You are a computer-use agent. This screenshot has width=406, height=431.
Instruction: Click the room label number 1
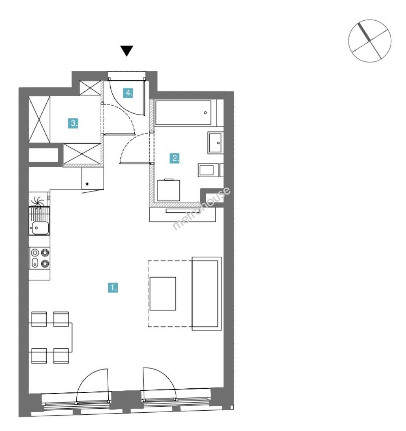click(x=113, y=287)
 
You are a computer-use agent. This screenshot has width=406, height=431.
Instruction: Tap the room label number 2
click(x=175, y=158)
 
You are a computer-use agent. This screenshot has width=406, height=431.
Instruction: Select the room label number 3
click(x=73, y=123)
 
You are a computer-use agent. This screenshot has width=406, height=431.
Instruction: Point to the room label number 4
click(x=128, y=93)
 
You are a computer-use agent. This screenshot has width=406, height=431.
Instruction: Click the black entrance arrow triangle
click(x=127, y=51)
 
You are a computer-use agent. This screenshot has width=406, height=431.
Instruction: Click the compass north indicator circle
click(x=370, y=41)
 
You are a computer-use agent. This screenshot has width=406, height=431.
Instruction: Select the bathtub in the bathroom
click(x=183, y=113)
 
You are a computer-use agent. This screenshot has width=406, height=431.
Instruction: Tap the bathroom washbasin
click(x=215, y=142)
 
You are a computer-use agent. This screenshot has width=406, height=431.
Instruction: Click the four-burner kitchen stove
click(x=40, y=258)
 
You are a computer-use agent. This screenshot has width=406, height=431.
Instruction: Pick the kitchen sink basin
click(x=40, y=227)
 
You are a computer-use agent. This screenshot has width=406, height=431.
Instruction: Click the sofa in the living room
click(x=207, y=294)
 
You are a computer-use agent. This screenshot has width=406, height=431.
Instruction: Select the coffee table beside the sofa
click(x=163, y=294)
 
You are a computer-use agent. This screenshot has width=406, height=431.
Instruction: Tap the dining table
click(x=51, y=337)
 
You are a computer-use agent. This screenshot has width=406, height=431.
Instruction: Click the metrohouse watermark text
click(x=201, y=208)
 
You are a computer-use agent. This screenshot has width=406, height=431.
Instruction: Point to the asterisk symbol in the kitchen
click(x=87, y=184)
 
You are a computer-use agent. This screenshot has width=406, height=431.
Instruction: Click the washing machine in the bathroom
click(x=169, y=190)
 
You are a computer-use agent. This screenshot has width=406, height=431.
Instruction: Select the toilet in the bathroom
click(x=209, y=170)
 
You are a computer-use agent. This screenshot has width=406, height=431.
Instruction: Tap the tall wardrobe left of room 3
click(x=40, y=119)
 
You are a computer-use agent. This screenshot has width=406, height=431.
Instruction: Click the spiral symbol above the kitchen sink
click(x=37, y=202)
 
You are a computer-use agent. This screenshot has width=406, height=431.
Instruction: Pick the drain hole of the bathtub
click(x=205, y=113)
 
